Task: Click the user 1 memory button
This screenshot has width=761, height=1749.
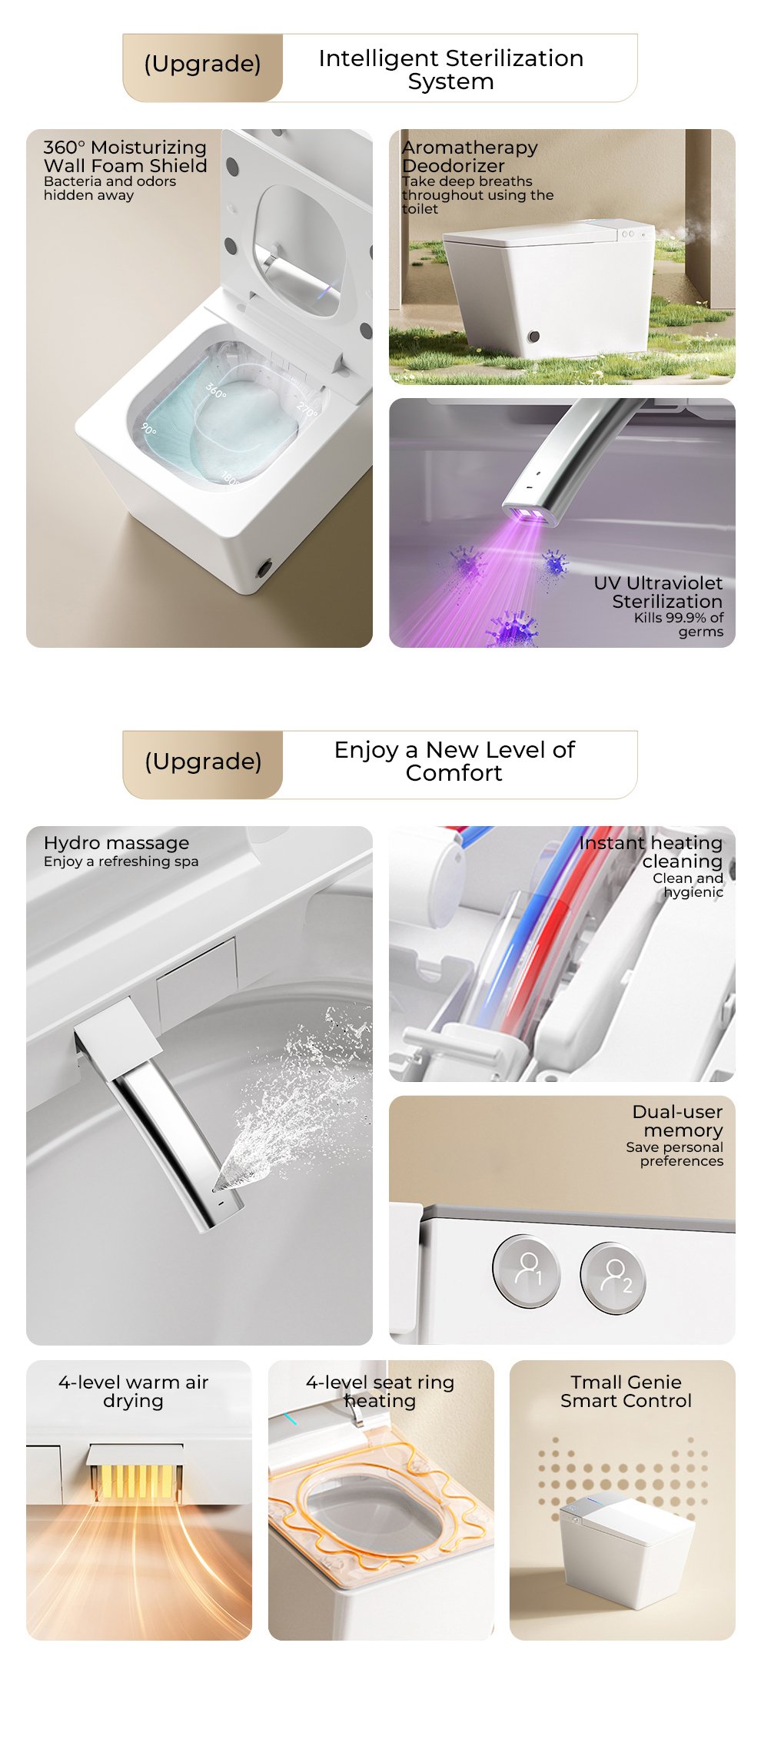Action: (527, 1270)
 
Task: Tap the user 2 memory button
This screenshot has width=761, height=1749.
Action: (613, 1277)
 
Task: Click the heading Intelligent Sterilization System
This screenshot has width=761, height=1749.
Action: (451, 69)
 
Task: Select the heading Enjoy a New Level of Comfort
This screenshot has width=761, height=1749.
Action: (454, 761)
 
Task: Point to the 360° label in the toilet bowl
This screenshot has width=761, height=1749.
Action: (216, 391)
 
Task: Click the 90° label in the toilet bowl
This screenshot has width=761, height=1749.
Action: (148, 429)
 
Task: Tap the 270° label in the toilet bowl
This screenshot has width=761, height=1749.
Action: (307, 410)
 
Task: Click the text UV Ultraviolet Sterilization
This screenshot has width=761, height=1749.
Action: (658, 592)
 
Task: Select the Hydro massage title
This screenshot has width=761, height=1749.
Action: (116, 843)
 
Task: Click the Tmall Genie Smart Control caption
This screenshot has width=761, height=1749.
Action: (626, 1392)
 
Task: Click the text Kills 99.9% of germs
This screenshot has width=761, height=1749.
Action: (679, 625)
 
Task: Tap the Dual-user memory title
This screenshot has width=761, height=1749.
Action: (677, 1121)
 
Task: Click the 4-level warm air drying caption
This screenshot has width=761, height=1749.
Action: (133, 1392)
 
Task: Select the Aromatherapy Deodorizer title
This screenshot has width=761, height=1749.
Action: (470, 156)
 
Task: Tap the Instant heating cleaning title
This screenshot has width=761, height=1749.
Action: (651, 852)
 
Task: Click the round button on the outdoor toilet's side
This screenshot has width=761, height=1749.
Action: (533, 337)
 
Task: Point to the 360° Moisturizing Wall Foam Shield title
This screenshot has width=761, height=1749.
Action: (125, 156)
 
